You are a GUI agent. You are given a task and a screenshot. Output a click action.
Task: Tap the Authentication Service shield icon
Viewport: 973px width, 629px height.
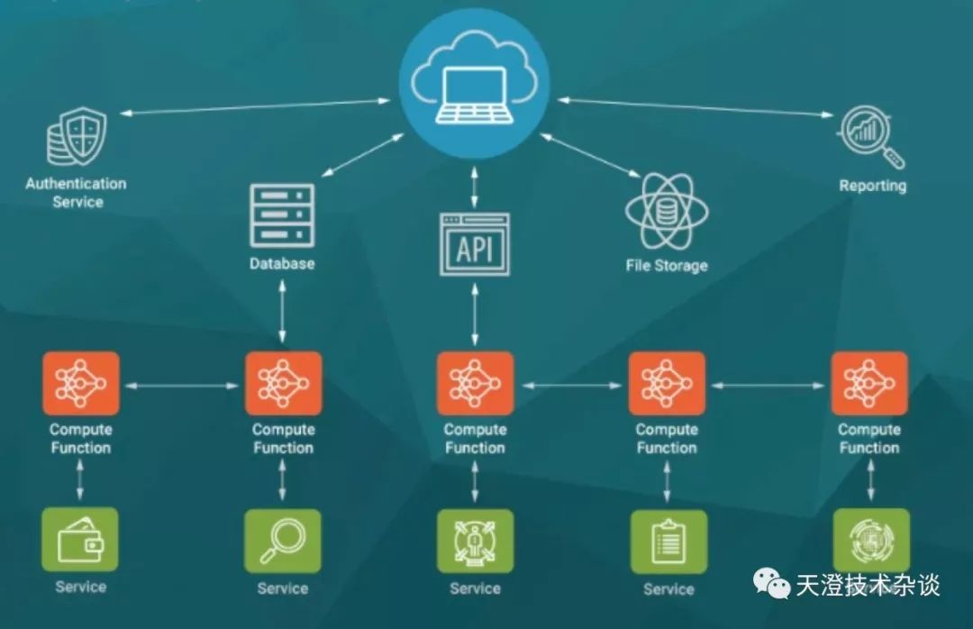click(x=77, y=136)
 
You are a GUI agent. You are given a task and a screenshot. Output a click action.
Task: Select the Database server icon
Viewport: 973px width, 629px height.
click(x=282, y=215)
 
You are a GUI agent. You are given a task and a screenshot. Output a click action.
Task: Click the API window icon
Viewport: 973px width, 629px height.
click(x=475, y=244)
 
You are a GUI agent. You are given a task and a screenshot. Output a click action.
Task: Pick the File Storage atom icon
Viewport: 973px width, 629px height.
click(x=667, y=211)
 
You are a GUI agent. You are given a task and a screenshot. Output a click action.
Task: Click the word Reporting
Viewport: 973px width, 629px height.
click(x=872, y=186)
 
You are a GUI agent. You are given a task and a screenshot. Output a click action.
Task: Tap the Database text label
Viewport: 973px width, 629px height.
click(x=282, y=263)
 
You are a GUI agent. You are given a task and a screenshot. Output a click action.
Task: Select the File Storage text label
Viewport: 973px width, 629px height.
click(x=667, y=266)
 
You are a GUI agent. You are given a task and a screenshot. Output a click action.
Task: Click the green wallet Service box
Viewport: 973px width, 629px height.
click(x=80, y=539)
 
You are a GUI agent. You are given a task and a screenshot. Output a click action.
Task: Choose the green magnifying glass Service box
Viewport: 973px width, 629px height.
click(x=282, y=541)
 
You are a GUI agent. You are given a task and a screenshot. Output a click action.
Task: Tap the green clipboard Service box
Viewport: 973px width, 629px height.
click(x=668, y=542)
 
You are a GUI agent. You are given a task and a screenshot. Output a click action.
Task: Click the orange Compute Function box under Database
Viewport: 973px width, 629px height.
click(x=284, y=384)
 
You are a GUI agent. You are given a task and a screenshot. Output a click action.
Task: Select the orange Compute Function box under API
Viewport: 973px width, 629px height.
click(x=476, y=384)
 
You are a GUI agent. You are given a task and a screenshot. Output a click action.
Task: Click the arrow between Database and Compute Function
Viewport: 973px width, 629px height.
click(x=282, y=311)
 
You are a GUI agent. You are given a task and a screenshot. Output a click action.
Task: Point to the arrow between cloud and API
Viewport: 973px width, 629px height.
click(x=475, y=187)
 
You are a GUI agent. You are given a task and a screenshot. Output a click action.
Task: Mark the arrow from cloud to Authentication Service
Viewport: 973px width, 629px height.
click(x=255, y=106)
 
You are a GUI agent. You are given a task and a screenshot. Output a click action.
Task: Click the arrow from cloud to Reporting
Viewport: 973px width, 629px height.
click(x=695, y=107)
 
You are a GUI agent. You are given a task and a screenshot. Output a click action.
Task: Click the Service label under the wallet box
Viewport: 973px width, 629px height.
click(x=81, y=587)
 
